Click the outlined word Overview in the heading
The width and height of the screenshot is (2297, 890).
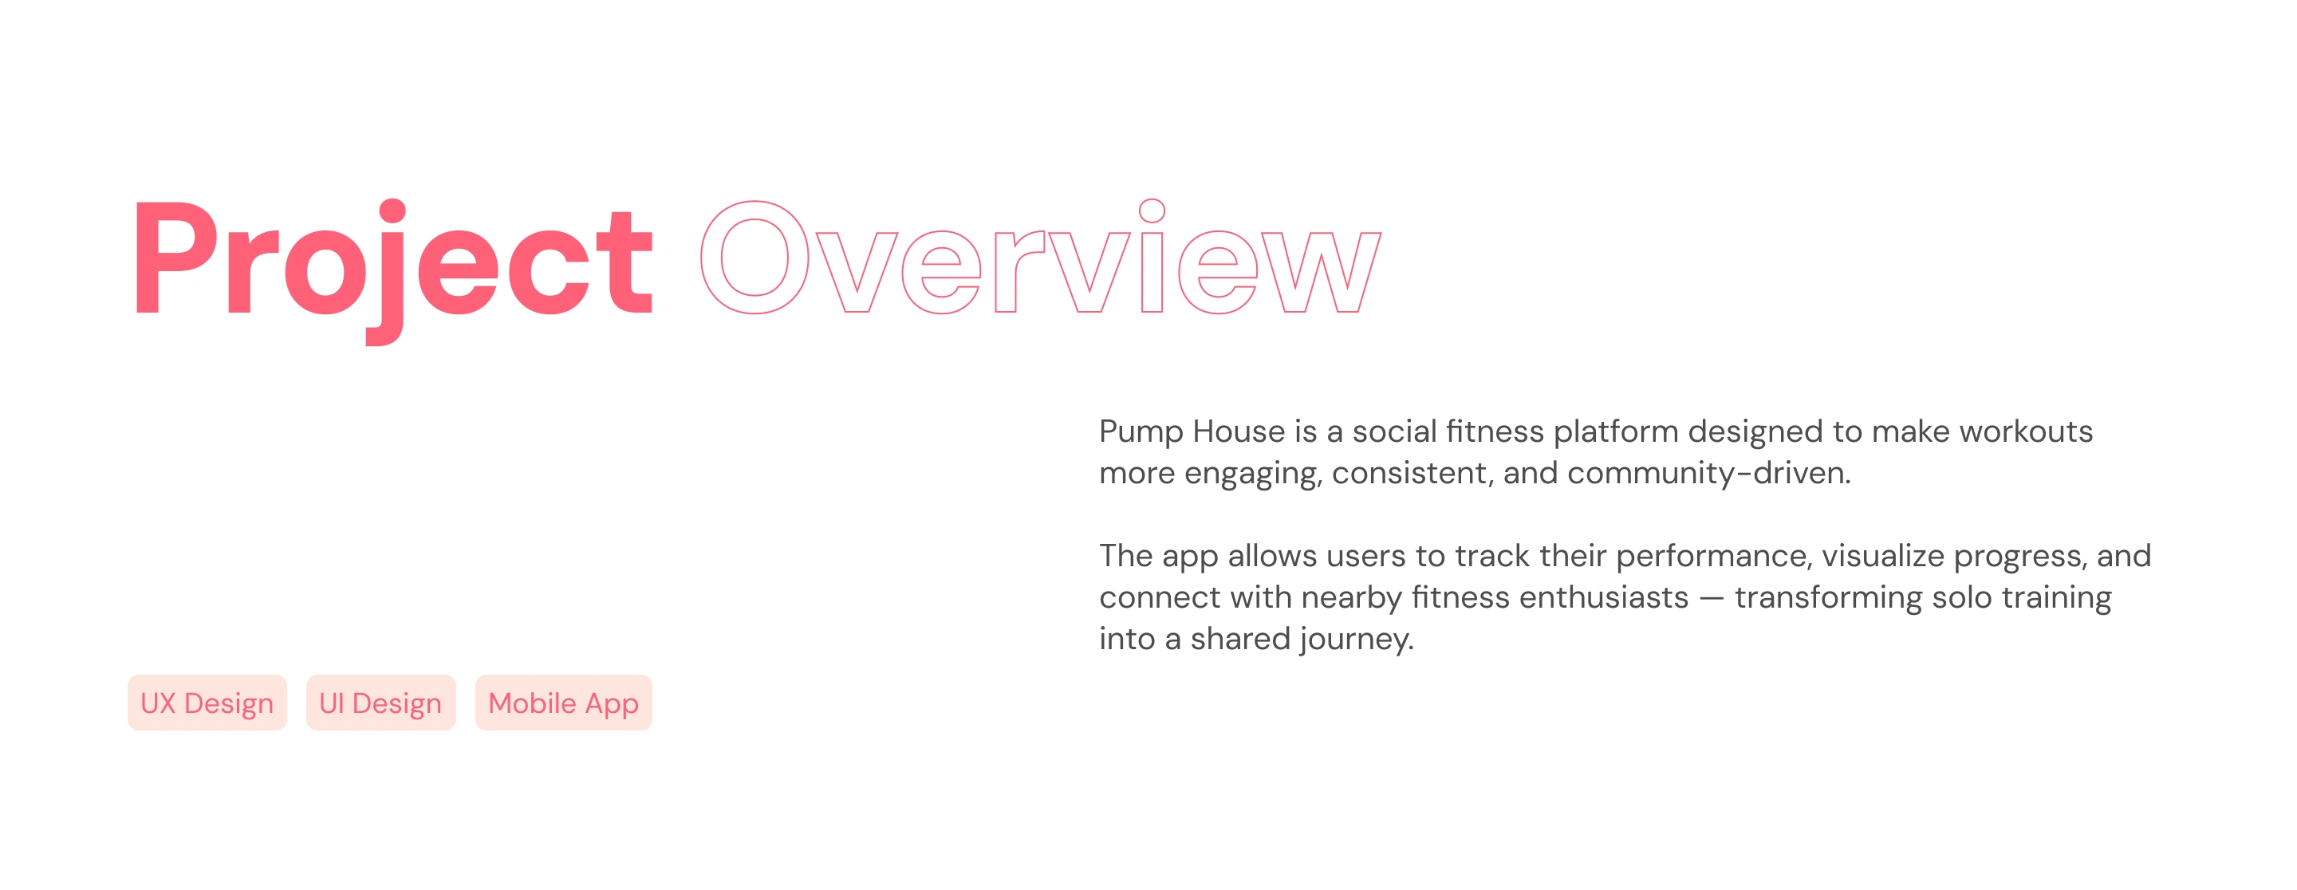1041,256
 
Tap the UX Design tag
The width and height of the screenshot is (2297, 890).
207,703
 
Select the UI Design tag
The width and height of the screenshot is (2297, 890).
380,703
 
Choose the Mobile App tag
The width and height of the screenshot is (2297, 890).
564,703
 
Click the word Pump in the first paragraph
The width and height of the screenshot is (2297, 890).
1141,433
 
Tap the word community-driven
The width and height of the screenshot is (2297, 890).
1708,473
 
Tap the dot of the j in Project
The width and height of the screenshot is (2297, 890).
392,211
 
